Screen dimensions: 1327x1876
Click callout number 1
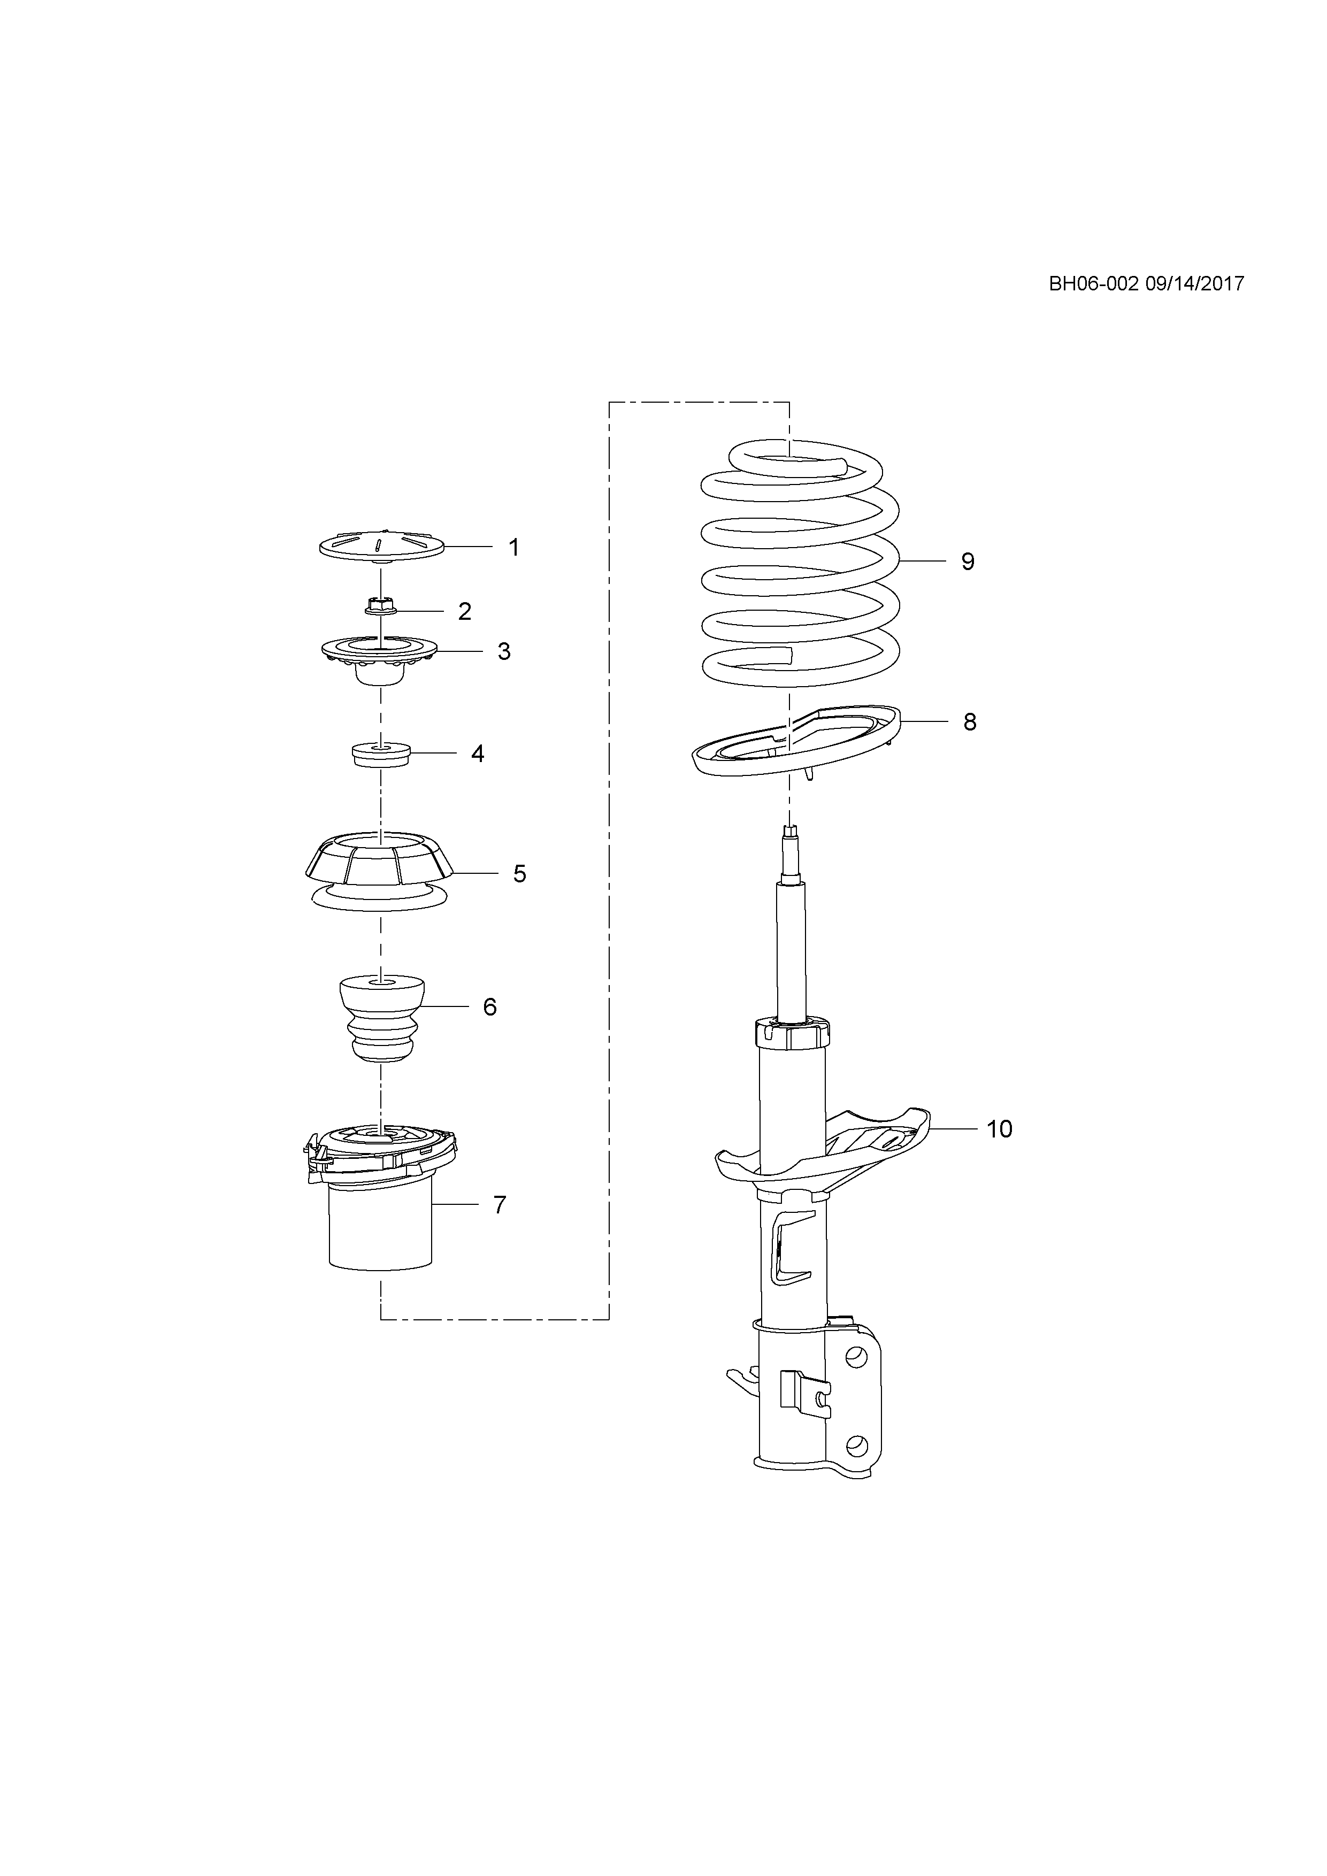point(514,548)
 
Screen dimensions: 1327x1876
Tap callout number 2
point(465,611)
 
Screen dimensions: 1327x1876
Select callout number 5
point(520,874)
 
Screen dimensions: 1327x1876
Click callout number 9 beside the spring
point(968,562)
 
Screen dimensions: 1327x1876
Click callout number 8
point(970,722)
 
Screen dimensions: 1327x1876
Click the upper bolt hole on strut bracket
point(856,1357)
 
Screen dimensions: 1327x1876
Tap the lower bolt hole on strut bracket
point(856,1446)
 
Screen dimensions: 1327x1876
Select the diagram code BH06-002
point(1094,283)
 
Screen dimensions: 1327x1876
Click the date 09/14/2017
point(1195,283)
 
